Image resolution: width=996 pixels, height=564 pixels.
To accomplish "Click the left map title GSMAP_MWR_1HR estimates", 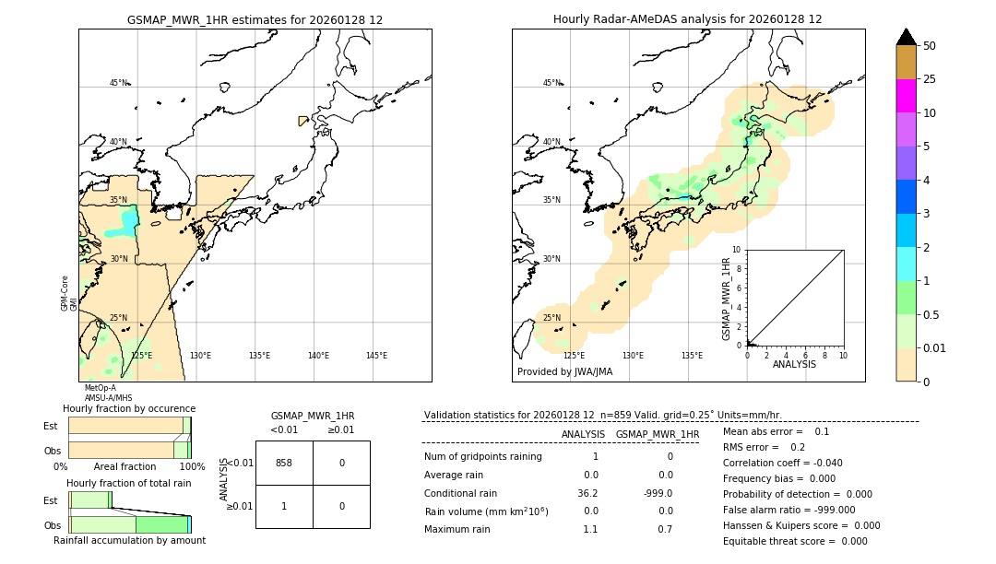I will pyautogui.click(x=255, y=19).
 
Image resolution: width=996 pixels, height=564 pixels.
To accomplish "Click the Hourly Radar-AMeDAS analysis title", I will pyautogui.click(x=687, y=19).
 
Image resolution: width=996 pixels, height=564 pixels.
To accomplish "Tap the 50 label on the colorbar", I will pyautogui.click(x=930, y=45).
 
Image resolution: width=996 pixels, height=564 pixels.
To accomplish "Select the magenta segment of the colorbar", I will pyautogui.click(x=906, y=96).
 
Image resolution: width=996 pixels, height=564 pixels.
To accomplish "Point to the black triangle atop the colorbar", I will pyautogui.click(x=906, y=37).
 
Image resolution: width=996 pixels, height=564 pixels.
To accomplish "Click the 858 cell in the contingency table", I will pyautogui.click(x=284, y=463).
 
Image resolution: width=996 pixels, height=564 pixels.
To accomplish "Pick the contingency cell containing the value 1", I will pyautogui.click(x=284, y=506).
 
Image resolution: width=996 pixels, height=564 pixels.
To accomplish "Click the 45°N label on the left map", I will pyautogui.click(x=118, y=83).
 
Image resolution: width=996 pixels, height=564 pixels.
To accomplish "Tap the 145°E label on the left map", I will pyautogui.click(x=376, y=356).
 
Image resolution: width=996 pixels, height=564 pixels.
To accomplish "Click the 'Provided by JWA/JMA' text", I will pyautogui.click(x=564, y=372).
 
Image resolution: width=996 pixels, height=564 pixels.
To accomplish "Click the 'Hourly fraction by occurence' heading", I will pyautogui.click(x=129, y=408).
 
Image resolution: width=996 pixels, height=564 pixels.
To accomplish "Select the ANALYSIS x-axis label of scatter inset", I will pyautogui.click(x=794, y=364).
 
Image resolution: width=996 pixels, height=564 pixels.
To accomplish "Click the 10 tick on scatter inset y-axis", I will pyautogui.click(x=737, y=250).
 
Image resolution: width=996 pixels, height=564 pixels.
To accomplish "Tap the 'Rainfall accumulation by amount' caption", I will pyautogui.click(x=129, y=540).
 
